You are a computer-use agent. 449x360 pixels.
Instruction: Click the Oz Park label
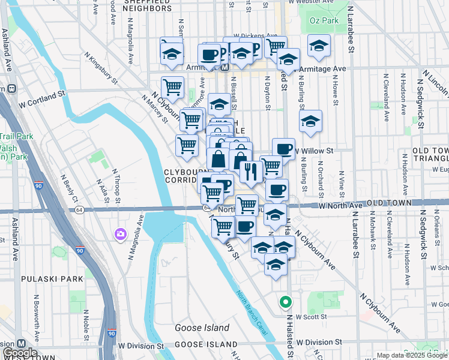324,20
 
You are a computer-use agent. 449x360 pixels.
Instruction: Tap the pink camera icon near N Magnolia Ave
121,233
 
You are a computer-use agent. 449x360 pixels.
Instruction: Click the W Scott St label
310,317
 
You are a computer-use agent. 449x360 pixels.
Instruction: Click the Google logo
20,353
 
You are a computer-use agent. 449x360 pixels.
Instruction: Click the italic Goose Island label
202,328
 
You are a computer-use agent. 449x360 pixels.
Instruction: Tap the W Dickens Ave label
255,36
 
